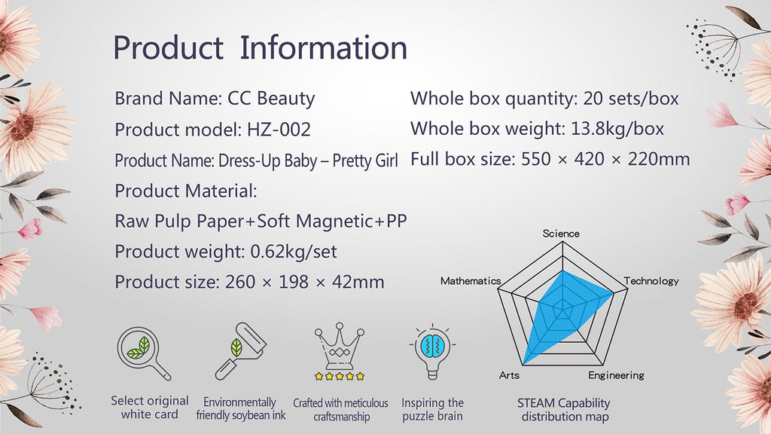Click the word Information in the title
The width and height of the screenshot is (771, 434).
click(x=324, y=47)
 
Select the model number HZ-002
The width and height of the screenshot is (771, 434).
click(x=279, y=130)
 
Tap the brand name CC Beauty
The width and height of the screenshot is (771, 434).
click(x=271, y=99)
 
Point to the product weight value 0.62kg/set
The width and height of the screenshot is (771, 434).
click(x=294, y=252)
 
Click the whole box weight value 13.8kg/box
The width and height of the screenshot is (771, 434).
click(x=617, y=129)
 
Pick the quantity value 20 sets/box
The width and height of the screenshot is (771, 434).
click(x=631, y=99)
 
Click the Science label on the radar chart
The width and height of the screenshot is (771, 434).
click(x=561, y=234)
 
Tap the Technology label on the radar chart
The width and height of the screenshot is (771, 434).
click(x=651, y=281)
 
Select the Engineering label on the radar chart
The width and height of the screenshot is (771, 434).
click(x=616, y=375)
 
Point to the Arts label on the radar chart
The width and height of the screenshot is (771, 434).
click(x=509, y=375)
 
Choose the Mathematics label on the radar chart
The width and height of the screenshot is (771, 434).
click(x=471, y=281)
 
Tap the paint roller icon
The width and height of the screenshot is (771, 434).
click(x=241, y=351)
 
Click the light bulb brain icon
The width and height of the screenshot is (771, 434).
click(x=432, y=351)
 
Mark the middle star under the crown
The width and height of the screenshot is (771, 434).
click(x=340, y=377)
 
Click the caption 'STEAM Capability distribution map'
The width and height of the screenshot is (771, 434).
click(x=564, y=410)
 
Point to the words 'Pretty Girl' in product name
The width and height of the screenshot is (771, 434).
click(x=365, y=161)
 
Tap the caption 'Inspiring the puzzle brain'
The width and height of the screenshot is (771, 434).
click(x=433, y=409)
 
